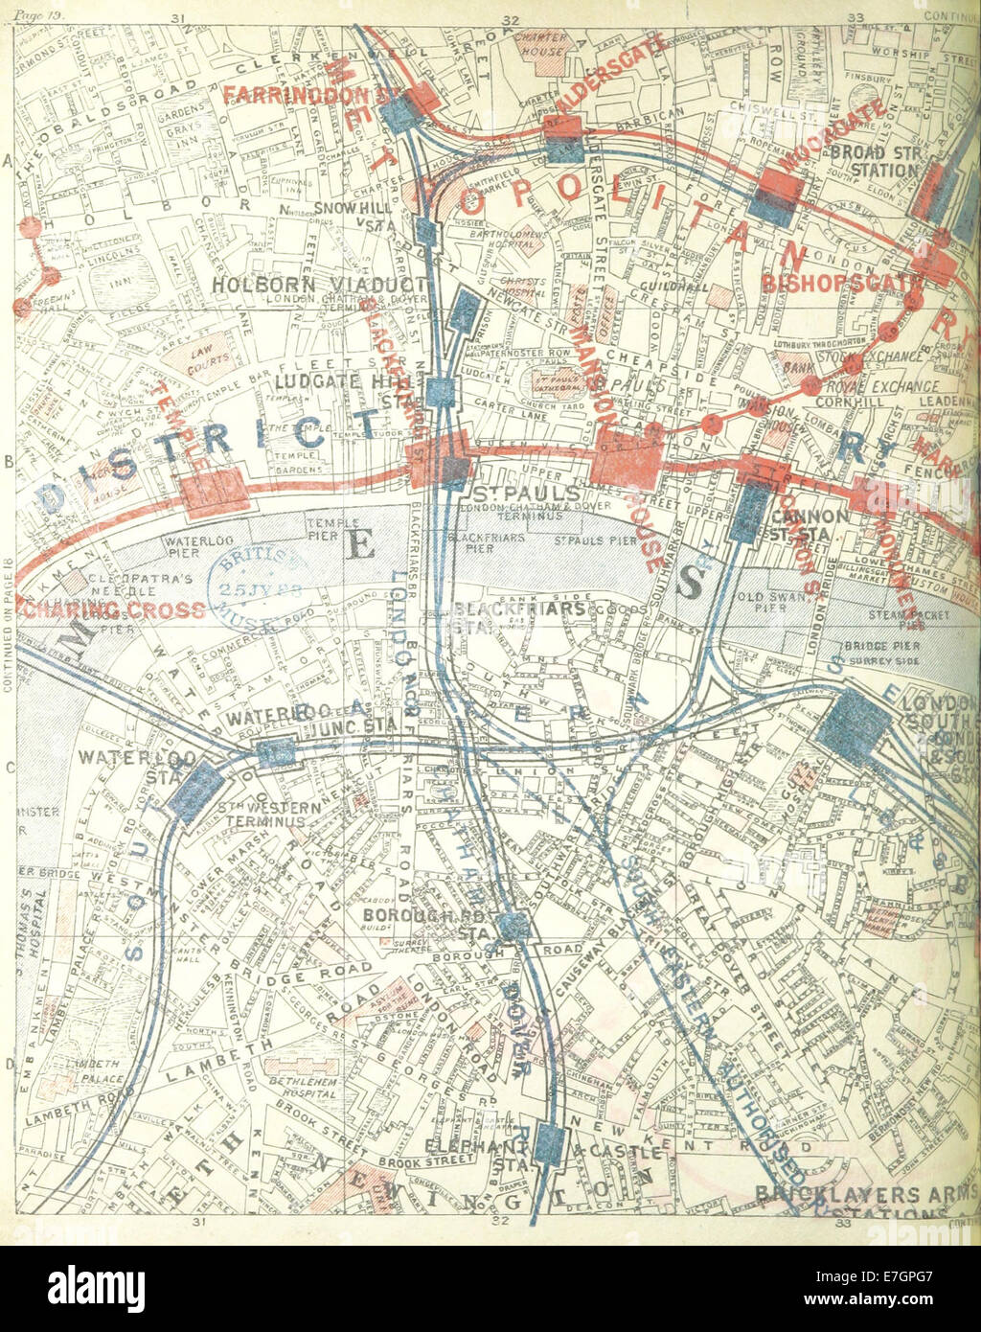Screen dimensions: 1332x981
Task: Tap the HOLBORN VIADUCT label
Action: pyautogui.click(x=319, y=285)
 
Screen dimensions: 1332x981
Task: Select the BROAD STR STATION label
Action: pyautogui.click(x=874, y=161)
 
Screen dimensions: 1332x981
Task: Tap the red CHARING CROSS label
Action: pyautogui.click(x=113, y=610)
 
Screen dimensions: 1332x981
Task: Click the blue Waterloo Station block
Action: pyautogui.click(x=196, y=790)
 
